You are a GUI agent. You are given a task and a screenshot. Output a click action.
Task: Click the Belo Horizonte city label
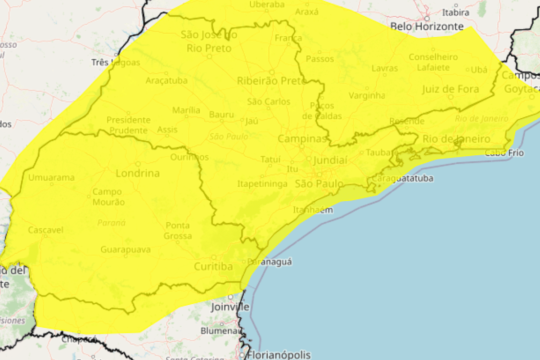(x=427, y=27)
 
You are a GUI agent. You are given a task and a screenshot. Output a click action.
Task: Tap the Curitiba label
(x=213, y=267)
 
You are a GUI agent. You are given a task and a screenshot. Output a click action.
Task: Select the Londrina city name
(x=138, y=173)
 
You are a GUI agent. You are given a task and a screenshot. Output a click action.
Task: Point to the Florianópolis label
(x=279, y=355)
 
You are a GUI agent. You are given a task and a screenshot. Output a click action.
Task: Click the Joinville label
(x=230, y=307)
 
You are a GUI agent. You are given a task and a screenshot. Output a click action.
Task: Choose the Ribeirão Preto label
(x=271, y=81)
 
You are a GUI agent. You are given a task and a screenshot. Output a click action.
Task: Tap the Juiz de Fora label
(x=450, y=89)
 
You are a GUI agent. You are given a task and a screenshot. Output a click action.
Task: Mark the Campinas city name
(x=301, y=139)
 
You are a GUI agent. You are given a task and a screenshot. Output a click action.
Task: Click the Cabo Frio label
(x=504, y=153)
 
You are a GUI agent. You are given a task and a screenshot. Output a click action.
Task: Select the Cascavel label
(x=45, y=230)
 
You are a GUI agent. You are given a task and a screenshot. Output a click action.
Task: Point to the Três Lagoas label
(x=116, y=63)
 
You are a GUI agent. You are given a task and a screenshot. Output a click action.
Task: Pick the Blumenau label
(x=221, y=331)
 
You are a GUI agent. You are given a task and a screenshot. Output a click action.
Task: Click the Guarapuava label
(x=125, y=250)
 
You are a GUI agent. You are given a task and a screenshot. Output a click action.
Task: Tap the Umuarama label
(x=51, y=178)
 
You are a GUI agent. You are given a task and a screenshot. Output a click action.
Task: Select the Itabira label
(x=455, y=12)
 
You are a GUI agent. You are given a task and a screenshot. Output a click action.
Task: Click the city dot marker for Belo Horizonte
(x=427, y=18)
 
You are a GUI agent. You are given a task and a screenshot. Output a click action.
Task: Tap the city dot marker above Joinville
(x=230, y=297)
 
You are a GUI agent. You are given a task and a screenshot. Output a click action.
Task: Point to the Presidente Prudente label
(x=128, y=125)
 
